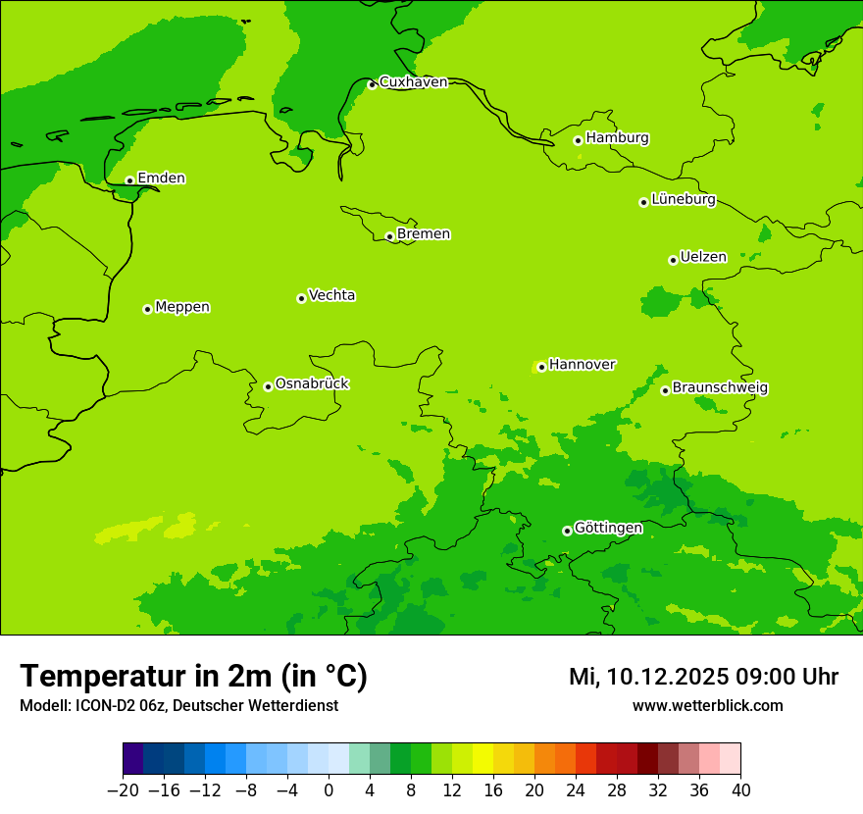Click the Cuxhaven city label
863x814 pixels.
pyautogui.click(x=413, y=82)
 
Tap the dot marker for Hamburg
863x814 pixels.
pyautogui.click(x=579, y=140)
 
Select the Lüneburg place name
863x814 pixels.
pyautogui.click(x=684, y=200)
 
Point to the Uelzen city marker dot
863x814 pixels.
pyautogui.click(x=673, y=260)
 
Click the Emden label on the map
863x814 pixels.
pyautogui.click(x=161, y=178)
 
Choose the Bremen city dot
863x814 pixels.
pyautogui.click(x=389, y=236)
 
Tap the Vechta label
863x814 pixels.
pyautogui.click(x=331, y=295)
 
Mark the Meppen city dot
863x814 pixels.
pyautogui.click(x=147, y=309)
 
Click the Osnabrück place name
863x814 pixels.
pyautogui.click(x=312, y=384)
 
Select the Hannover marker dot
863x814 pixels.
pyautogui.click(x=541, y=367)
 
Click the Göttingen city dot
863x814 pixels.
pyautogui.click(x=567, y=531)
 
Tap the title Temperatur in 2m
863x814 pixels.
pyautogui.click(x=193, y=677)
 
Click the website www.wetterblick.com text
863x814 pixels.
pyautogui.click(x=707, y=706)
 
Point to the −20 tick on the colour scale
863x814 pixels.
pyautogui.click(x=123, y=790)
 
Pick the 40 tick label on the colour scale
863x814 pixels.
pyautogui.click(x=740, y=790)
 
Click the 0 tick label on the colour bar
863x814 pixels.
pyautogui.click(x=329, y=790)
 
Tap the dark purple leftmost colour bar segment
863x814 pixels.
pyautogui.click(x=132, y=759)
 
